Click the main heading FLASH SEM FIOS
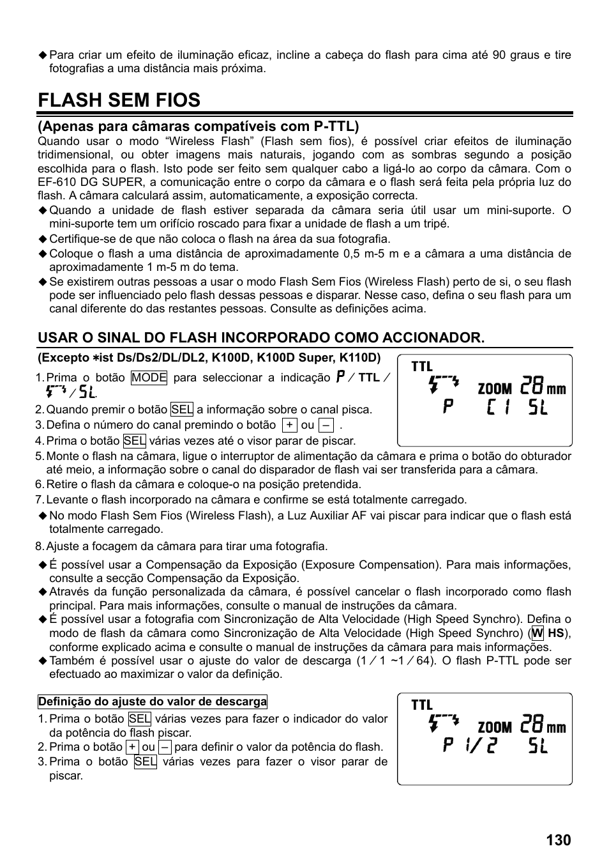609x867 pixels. [x=119, y=100]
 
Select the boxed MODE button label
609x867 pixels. [x=149, y=378]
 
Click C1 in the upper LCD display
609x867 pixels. [x=497, y=407]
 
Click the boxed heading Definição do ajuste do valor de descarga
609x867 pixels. [x=153, y=702]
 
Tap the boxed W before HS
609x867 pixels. [x=537, y=633]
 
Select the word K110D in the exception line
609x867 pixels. [x=364, y=358]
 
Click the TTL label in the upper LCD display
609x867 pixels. [x=422, y=367]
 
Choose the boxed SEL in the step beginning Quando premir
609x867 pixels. [x=182, y=410]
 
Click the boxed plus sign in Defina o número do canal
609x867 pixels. [x=290, y=426]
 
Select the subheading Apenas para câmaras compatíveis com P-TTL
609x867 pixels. [x=198, y=127]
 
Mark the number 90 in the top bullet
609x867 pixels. [x=499, y=55]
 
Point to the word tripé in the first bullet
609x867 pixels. [x=437, y=224]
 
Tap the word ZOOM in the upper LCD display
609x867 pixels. [x=495, y=388]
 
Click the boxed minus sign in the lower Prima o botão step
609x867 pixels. [x=165, y=747]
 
